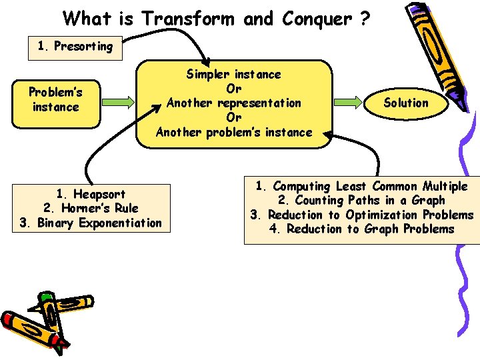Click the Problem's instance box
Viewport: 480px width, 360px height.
pyautogui.click(x=55, y=101)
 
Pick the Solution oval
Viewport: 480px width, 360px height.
pyautogui.click(x=406, y=103)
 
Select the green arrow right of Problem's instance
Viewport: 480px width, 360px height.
pyautogui.click(x=118, y=102)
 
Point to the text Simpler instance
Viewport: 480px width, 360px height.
pyautogui.click(x=233, y=74)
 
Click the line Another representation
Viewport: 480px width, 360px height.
pyautogui.click(x=233, y=103)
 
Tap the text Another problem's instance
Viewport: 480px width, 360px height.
pyautogui.click(x=233, y=131)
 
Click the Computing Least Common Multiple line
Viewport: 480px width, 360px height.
pyautogui.click(x=361, y=186)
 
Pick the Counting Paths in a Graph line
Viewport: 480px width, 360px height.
pyautogui.click(x=361, y=200)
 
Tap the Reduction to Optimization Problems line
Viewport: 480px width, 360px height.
pyautogui.click(x=361, y=215)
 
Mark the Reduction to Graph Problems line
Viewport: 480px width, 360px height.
pyautogui.click(x=361, y=229)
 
